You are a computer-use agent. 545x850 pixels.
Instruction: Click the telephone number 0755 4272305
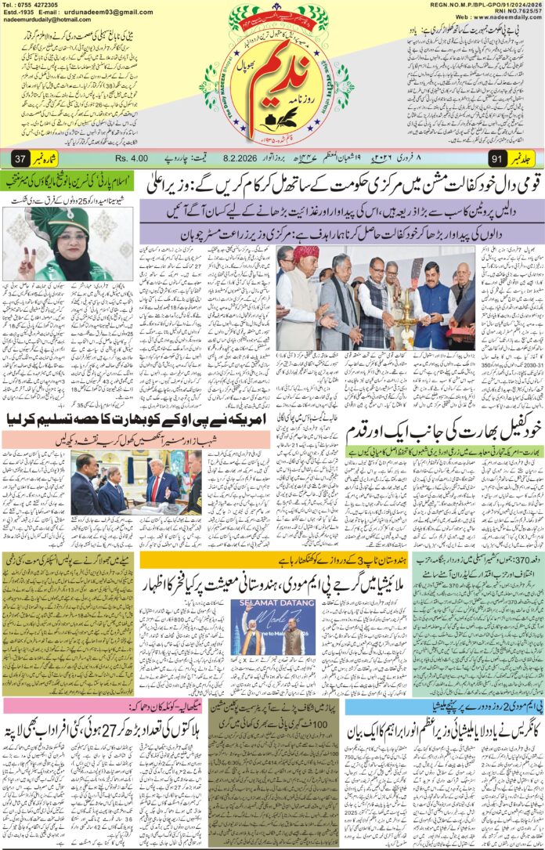(x=35, y=5)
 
